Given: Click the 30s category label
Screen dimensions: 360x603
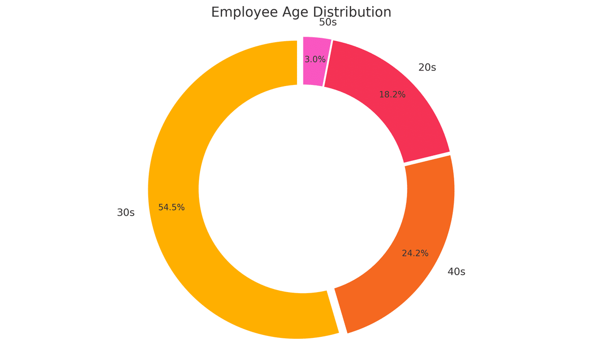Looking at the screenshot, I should [x=126, y=213].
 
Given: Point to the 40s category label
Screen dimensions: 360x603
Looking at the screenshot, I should [x=456, y=272].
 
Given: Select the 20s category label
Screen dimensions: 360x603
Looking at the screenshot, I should [x=427, y=67].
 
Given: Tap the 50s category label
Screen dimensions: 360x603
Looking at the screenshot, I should [x=328, y=22].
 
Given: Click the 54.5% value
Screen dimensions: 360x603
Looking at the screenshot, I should [x=171, y=207].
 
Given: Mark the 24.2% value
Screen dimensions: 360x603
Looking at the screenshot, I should [x=415, y=253].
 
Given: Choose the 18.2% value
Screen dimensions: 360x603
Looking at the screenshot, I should [x=392, y=95].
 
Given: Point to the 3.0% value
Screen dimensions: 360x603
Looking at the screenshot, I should [x=315, y=59].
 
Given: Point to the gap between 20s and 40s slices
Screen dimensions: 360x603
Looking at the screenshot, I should [x=427, y=158].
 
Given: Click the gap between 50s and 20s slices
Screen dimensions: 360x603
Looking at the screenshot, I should [x=328, y=63].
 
